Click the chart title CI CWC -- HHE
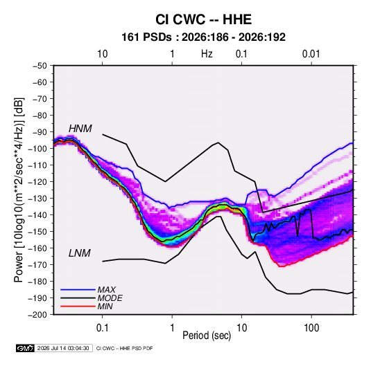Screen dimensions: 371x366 203,19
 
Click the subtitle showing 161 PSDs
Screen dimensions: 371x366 203,37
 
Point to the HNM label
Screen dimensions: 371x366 80,129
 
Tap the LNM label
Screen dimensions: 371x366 80,253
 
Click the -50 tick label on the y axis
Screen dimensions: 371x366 40,66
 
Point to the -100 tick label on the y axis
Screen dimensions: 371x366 37,149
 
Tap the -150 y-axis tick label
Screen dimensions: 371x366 37,231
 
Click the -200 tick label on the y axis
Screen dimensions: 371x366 37,315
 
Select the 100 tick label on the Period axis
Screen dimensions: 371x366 311,328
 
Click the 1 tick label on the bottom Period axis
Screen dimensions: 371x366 172,328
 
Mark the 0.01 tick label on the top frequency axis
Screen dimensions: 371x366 311,54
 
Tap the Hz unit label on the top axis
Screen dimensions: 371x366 207,54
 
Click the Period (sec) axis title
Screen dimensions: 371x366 207,336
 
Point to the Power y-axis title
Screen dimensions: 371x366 19,190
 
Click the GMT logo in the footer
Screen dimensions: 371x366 25,348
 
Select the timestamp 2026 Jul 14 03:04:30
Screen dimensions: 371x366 63,348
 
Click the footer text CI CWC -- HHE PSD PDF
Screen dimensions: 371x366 124,348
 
